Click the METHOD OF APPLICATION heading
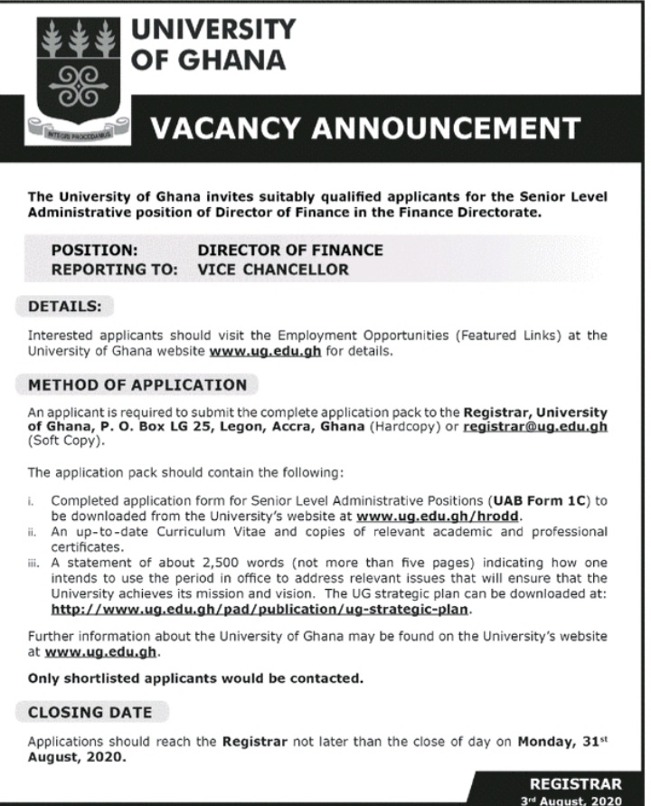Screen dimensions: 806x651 tap(137, 384)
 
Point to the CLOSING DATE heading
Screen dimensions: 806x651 tap(90, 712)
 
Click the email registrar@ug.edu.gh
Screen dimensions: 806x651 tap(534, 426)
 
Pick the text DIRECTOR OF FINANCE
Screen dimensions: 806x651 tap(290, 250)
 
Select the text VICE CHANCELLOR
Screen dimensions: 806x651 tap(273, 270)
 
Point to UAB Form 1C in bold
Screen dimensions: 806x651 tap(538, 500)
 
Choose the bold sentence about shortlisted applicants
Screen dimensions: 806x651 tap(195, 678)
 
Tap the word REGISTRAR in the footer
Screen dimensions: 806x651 tap(575, 783)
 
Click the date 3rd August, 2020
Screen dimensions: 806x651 tap(574, 800)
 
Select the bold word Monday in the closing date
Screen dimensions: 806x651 tap(546, 742)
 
